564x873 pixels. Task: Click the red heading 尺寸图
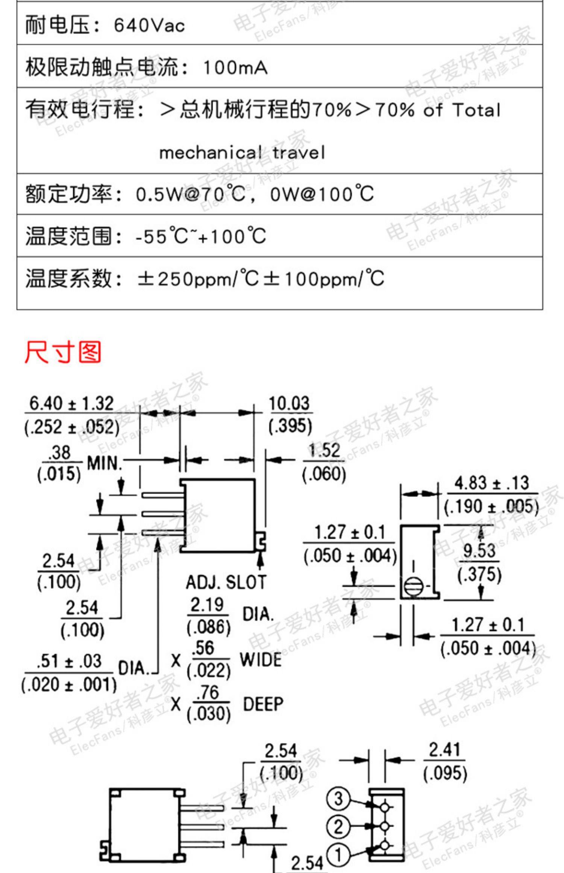click(x=63, y=352)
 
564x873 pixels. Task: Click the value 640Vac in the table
click(x=149, y=26)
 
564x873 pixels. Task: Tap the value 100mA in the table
click(x=235, y=68)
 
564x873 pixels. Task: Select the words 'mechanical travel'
click(x=242, y=153)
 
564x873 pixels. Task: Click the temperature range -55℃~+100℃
click(x=201, y=236)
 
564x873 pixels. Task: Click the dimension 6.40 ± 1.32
click(x=71, y=404)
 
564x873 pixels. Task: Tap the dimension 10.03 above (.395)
click(x=289, y=404)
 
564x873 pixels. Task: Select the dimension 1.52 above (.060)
click(x=324, y=450)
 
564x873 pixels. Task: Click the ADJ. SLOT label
click(x=226, y=582)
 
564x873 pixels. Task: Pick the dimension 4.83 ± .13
click(x=491, y=483)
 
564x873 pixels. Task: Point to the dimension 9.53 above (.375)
click(x=479, y=551)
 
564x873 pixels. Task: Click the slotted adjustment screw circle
click(x=413, y=586)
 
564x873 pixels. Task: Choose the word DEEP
click(x=263, y=704)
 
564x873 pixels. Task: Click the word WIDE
click(x=261, y=660)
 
